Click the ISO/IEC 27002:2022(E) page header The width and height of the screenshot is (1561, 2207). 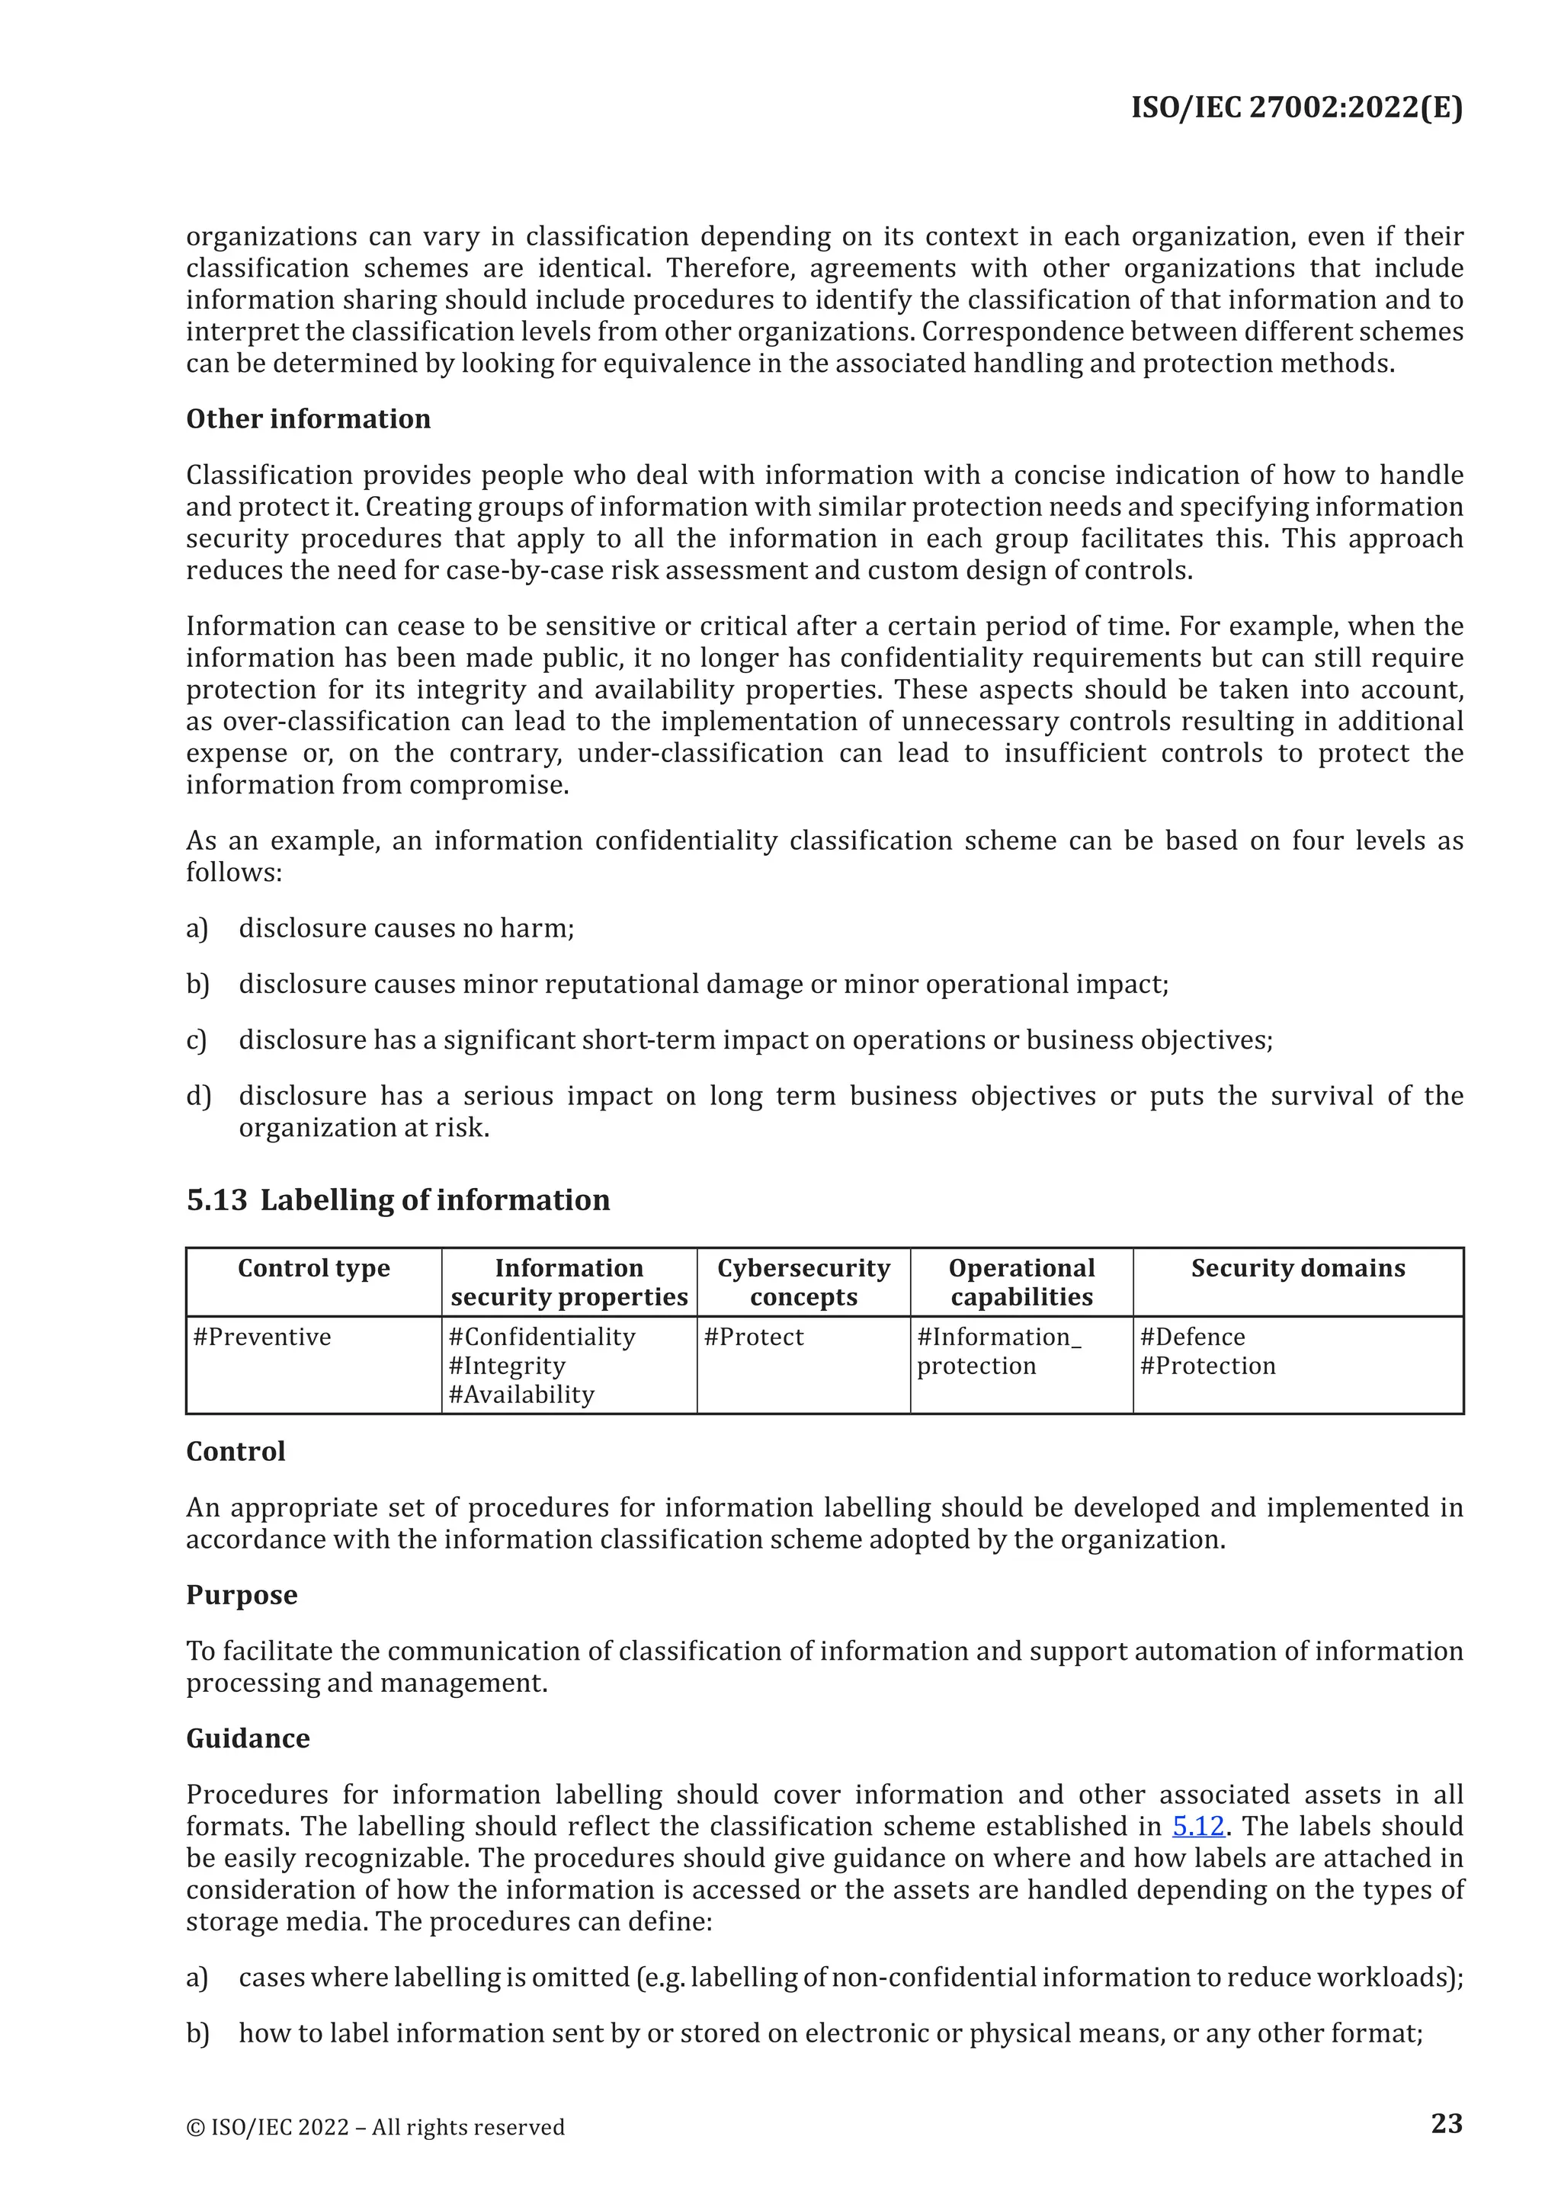click(1296, 107)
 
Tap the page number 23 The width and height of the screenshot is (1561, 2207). click(1447, 2122)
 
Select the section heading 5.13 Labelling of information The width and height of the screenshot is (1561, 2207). click(398, 1200)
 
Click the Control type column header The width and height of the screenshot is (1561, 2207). click(313, 1268)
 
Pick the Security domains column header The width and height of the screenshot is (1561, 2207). click(1297, 1268)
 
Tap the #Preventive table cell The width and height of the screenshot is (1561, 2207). click(261, 1337)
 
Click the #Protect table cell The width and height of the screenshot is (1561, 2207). click(754, 1337)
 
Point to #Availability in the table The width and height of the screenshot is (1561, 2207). click(522, 1394)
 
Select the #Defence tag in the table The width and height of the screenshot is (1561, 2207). click(1192, 1337)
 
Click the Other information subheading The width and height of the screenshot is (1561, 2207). click(309, 419)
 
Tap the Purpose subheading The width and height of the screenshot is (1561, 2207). click(242, 1595)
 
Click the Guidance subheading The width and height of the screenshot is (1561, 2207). click(248, 1738)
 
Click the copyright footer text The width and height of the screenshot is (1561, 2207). click(375, 2127)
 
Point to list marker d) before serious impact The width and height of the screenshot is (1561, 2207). click(197, 1096)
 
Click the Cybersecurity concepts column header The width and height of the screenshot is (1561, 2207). click(803, 1283)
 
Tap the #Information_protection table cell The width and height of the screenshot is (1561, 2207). click(998, 1351)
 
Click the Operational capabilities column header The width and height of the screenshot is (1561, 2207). click(1022, 1283)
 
